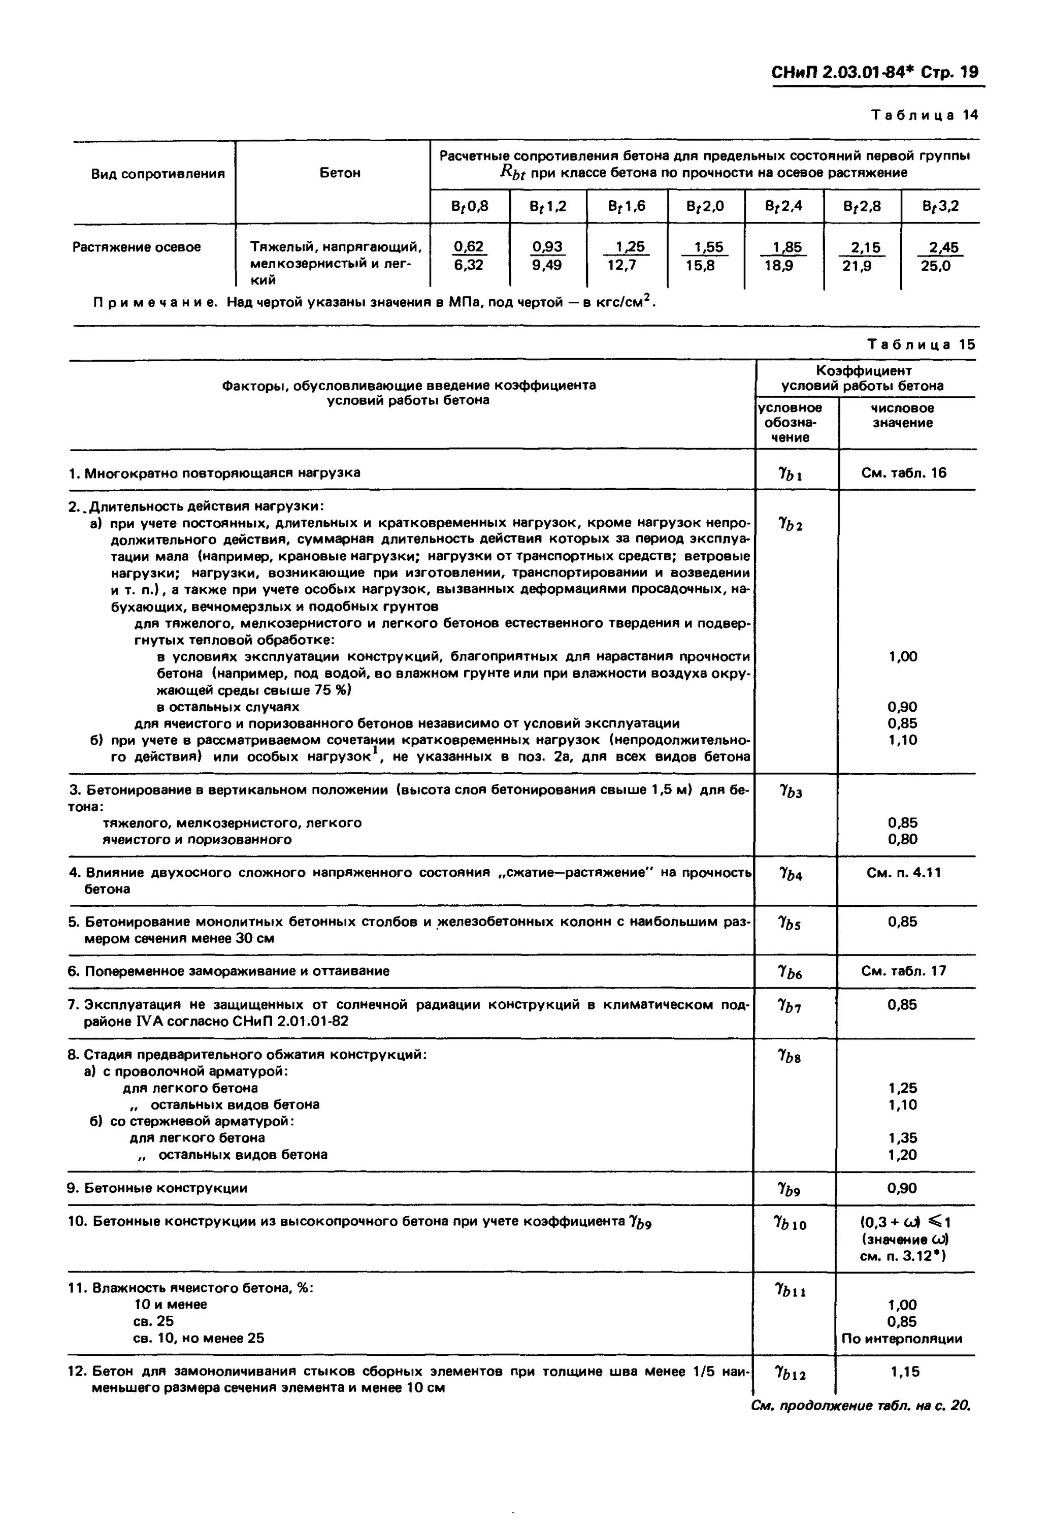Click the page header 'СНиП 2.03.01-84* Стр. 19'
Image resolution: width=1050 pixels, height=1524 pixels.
[874, 72]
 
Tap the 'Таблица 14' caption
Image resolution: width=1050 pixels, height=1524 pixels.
[925, 116]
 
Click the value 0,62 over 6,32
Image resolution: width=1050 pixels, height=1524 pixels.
[469, 247]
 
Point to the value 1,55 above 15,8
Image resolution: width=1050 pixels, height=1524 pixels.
[708, 247]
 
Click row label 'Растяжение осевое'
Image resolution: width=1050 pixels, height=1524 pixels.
[137, 247]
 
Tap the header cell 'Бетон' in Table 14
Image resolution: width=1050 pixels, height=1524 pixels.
[340, 173]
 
